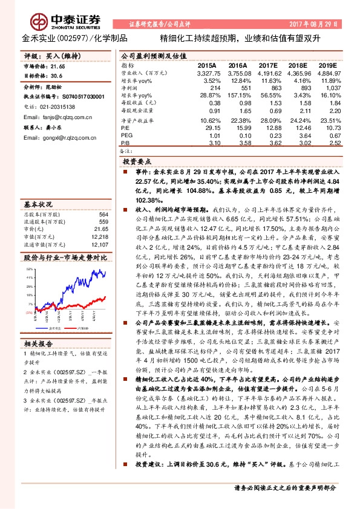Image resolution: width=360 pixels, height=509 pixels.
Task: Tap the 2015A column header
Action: tap(207, 64)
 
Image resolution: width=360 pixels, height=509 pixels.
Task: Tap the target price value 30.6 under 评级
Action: tap(56, 76)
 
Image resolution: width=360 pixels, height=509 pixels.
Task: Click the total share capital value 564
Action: tap(104, 215)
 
